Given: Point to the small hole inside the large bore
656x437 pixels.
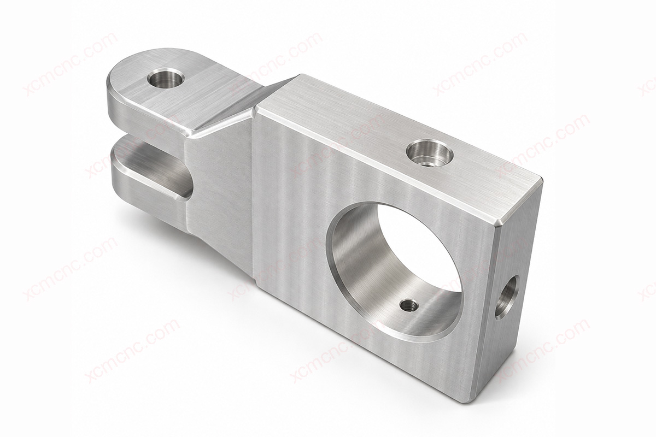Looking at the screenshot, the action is (x=409, y=305).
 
